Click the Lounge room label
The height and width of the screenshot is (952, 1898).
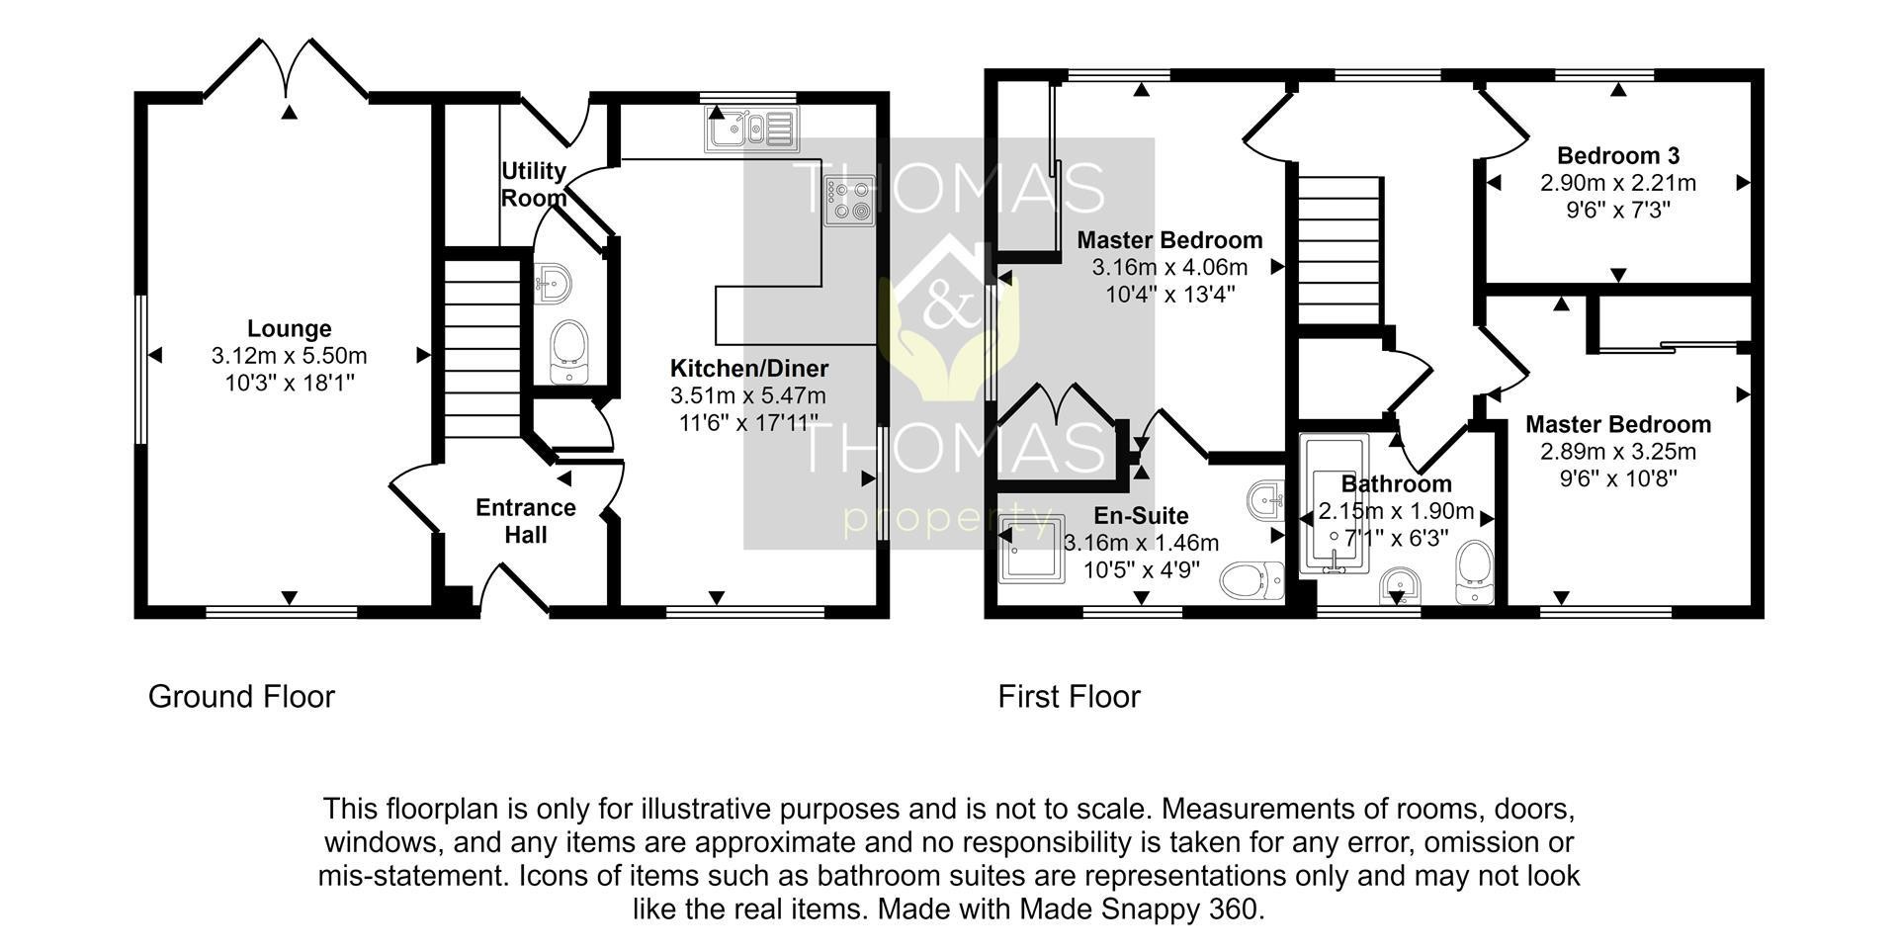coord(289,328)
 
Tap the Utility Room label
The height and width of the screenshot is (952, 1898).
coord(534,184)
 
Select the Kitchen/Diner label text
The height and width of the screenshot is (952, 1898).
coord(749,369)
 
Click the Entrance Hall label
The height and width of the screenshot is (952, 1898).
coord(526,521)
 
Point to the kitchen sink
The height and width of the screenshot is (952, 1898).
coord(751,130)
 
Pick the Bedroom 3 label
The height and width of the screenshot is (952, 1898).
coord(1618,155)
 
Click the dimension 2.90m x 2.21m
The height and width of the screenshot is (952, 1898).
coord(1618,183)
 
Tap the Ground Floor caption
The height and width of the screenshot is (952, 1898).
coord(242,697)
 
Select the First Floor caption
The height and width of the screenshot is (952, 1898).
coord(1070,697)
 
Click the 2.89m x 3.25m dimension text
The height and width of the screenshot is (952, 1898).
coord(1618,452)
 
